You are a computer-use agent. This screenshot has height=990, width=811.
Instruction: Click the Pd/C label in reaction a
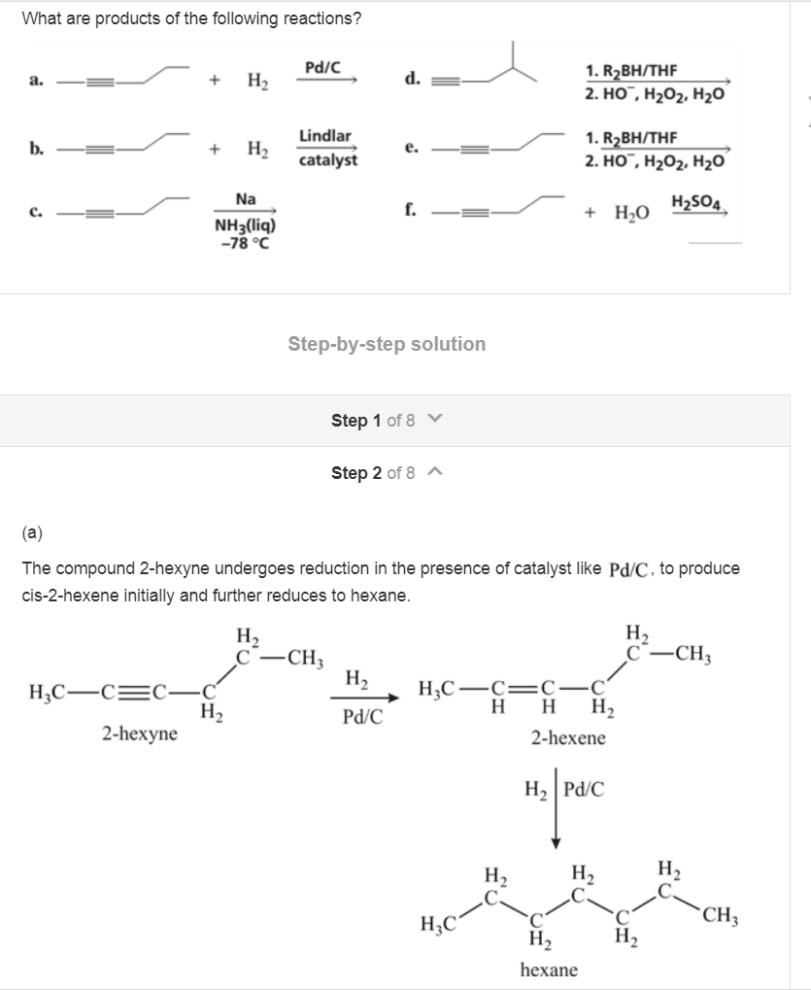[321, 67]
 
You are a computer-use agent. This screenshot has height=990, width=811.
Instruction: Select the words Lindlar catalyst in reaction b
[327, 148]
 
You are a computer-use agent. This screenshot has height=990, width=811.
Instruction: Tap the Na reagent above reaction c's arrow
[246, 199]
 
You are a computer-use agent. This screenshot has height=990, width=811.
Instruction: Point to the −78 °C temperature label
[247, 242]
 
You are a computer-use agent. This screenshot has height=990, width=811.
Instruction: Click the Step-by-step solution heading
[387, 344]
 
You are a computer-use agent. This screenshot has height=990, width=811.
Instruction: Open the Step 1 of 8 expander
[387, 421]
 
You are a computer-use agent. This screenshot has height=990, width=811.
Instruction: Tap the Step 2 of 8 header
[387, 473]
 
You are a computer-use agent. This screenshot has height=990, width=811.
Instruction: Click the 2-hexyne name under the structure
[140, 734]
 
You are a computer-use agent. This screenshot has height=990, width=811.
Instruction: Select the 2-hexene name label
[568, 738]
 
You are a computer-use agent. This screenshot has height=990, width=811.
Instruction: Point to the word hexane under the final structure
[549, 970]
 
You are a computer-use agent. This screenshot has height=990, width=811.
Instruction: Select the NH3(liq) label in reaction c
[247, 225]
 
